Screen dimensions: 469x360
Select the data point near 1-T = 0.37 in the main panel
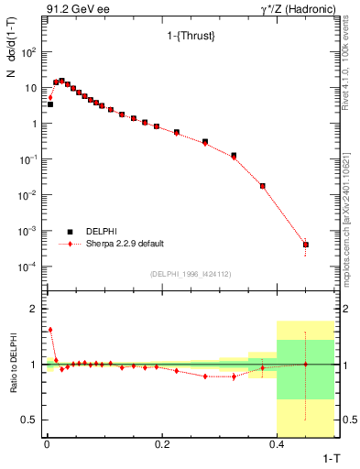(263, 186)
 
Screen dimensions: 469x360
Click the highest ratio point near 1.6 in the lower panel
(50, 330)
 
